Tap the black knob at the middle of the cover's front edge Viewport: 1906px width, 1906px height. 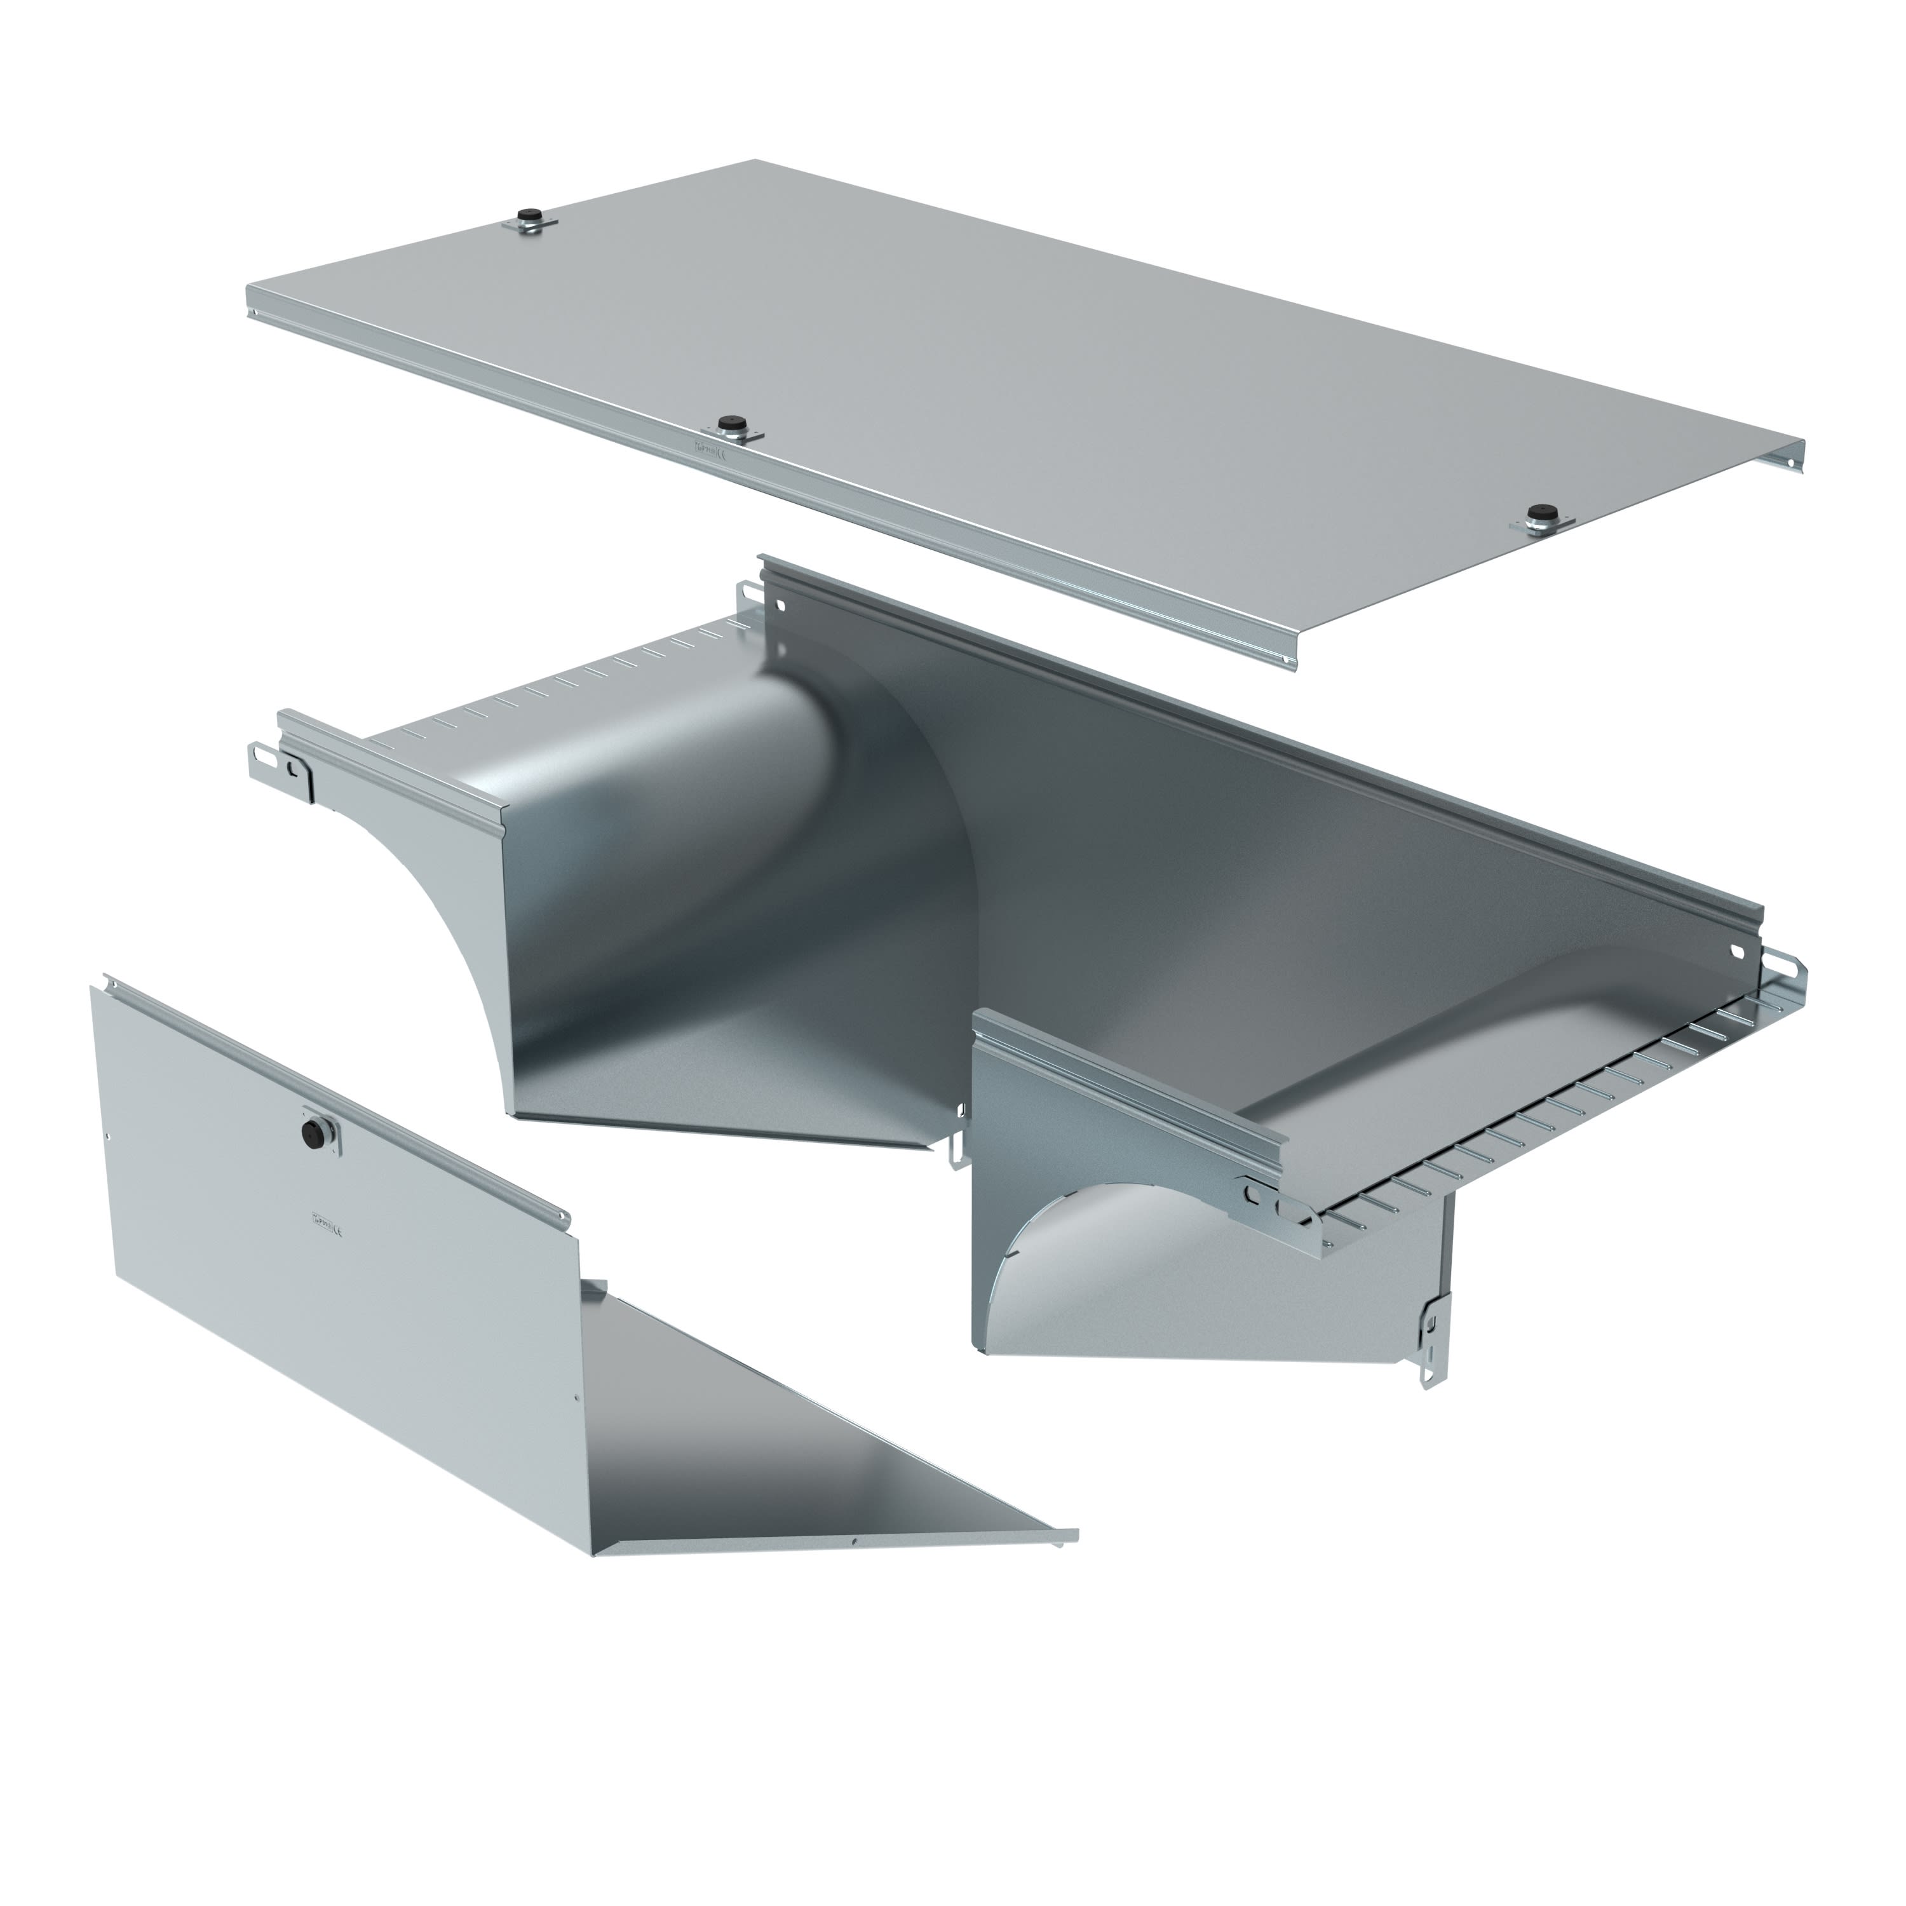point(730,424)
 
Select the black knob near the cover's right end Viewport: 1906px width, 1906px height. point(1536,516)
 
